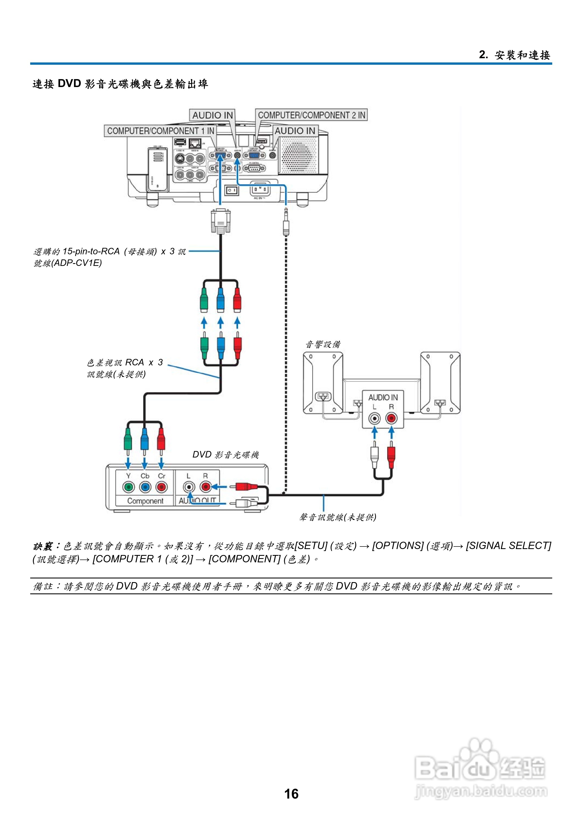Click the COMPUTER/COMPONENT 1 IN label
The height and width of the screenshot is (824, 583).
click(160, 131)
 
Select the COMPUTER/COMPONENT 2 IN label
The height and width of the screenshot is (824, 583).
click(311, 115)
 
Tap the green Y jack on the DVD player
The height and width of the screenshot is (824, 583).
click(128, 487)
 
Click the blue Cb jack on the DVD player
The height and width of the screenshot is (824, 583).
click(145, 487)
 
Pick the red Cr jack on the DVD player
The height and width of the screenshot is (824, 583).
click(162, 487)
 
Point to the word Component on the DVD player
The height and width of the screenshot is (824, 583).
click(145, 501)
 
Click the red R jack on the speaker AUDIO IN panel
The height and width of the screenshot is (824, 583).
click(391, 418)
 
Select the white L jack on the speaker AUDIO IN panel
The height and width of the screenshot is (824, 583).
click(375, 418)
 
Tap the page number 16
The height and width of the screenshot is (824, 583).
click(291, 793)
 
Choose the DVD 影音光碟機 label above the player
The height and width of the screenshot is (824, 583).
click(225, 455)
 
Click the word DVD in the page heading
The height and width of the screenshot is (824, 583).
click(69, 84)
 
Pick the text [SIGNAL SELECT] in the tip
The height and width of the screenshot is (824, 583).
click(508, 546)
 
